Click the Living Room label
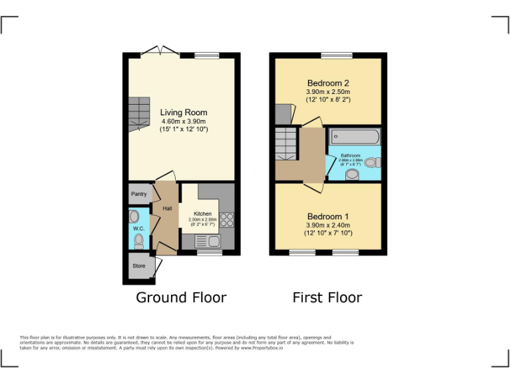pos(184,113)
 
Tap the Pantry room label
pos(138,194)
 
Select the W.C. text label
pos(138,229)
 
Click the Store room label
pos(138,266)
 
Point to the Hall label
pos(166,209)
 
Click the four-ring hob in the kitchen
pos(226,219)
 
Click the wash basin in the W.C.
pos(134,216)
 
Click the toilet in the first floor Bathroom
pos(373,162)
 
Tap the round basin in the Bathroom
pos(353,174)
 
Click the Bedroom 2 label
pos(328,83)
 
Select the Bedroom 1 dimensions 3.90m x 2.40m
pos(328,225)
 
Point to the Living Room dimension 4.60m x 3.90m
pos(184,121)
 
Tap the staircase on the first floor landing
pos(286,144)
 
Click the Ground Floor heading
pos(181,297)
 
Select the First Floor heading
pos(327,297)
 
